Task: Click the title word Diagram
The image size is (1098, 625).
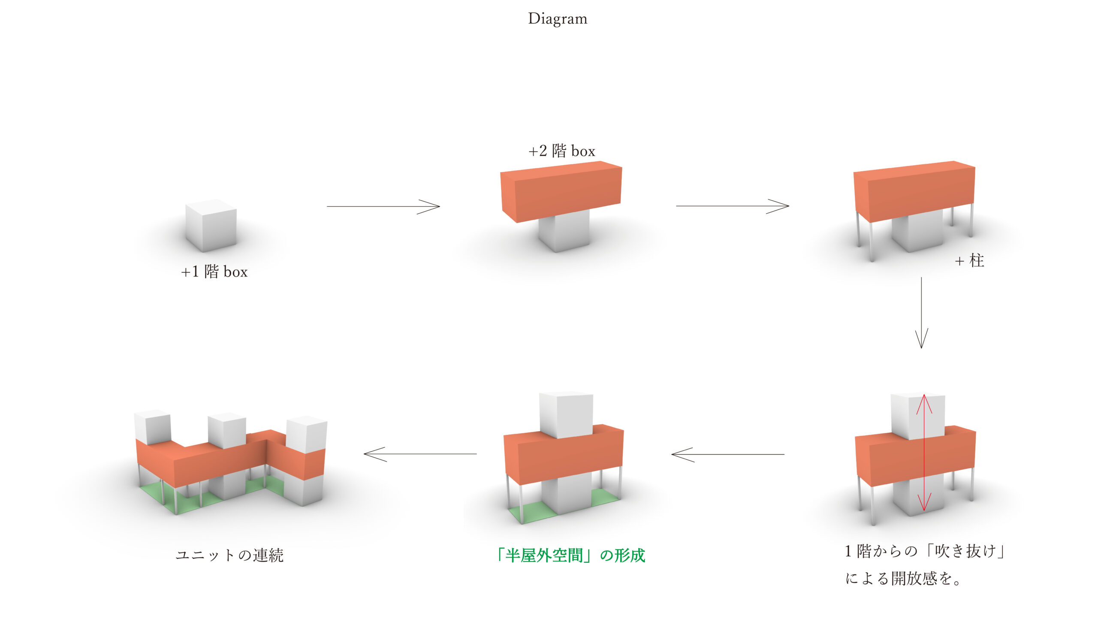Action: click(x=558, y=19)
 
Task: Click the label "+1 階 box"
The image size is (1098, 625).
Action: click(x=214, y=272)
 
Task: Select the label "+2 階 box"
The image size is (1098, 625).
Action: click(x=562, y=151)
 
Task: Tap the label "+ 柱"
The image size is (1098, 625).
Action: click(x=969, y=260)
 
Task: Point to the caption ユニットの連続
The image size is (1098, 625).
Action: click(x=229, y=556)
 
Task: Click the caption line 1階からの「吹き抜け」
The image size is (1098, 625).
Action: click(x=925, y=551)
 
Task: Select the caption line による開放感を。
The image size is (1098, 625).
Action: click(x=903, y=579)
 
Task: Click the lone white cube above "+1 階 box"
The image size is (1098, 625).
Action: click(x=211, y=225)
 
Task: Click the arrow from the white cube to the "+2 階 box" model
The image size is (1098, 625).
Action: click(x=383, y=206)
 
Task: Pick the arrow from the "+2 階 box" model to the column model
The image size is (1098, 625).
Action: click(x=732, y=206)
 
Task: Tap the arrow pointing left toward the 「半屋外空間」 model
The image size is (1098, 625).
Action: click(x=728, y=454)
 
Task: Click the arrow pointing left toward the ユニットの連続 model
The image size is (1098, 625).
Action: click(x=420, y=454)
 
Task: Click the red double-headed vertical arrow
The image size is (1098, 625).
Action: click(x=924, y=453)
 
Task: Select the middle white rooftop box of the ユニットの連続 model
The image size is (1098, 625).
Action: click(x=226, y=431)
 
